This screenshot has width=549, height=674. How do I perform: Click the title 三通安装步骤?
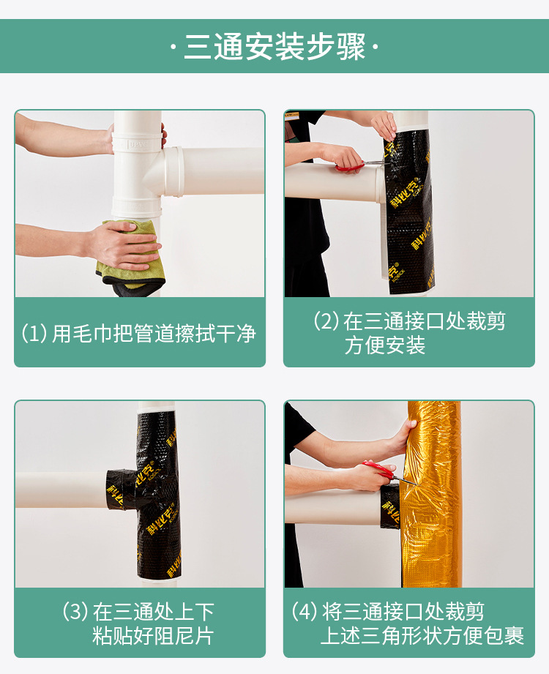click(274, 46)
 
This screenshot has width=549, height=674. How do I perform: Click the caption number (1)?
click(34, 333)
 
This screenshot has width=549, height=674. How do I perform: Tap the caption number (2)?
click(326, 321)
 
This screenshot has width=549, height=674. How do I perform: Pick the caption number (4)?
click(305, 611)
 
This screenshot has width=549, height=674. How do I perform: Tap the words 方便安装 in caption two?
click(385, 345)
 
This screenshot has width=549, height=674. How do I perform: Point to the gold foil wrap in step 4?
click(431, 494)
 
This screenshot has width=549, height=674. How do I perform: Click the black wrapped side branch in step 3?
click(122, 490)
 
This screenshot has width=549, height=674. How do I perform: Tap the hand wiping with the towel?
click(122, 245)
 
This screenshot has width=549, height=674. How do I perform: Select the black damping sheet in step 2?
click(408, 211)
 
